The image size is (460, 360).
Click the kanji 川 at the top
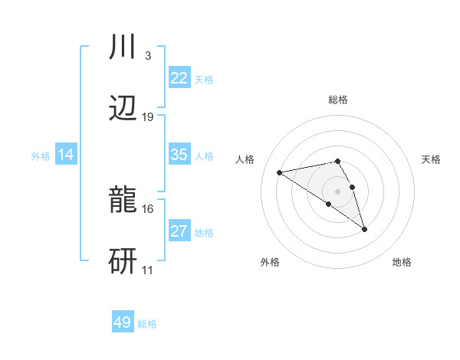pos(123,48)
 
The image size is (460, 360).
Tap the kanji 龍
pos(123,201)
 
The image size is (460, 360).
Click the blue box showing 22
pos(179,78)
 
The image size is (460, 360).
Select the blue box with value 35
pos(179,155)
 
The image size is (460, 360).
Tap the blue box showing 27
pos(179,231)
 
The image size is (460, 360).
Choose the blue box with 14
pos(66,155)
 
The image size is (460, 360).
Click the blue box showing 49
pos(123,322)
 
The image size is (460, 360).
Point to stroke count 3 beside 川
pos(147,55)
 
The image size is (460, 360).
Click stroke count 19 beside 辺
pos(148,116)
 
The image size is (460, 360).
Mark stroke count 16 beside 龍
pos(148,208)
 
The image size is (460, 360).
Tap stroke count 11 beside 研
pos(148,270)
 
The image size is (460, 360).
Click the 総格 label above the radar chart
pos(337,100)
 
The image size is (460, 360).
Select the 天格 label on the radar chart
pos(431,159)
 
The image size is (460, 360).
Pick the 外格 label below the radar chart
pos(270,262)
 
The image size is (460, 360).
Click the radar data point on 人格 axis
pos(280,172)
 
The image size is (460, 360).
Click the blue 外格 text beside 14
pos(41,155)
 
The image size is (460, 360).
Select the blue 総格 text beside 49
pos(147,324)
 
